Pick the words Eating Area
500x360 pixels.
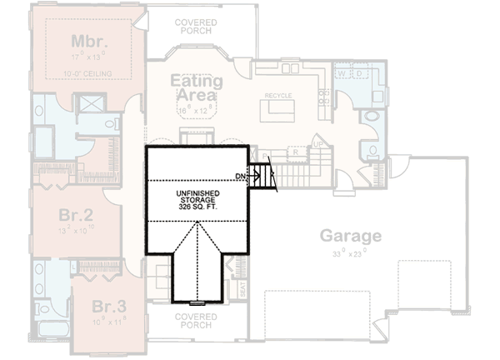[197, 87]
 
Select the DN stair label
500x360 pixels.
[240, 176]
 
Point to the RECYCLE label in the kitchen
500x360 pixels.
[277, 96]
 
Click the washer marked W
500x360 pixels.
[342, 72]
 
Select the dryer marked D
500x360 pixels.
[359, 72]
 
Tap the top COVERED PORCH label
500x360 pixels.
[196, 25]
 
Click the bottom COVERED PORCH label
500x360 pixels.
[197, 321]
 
